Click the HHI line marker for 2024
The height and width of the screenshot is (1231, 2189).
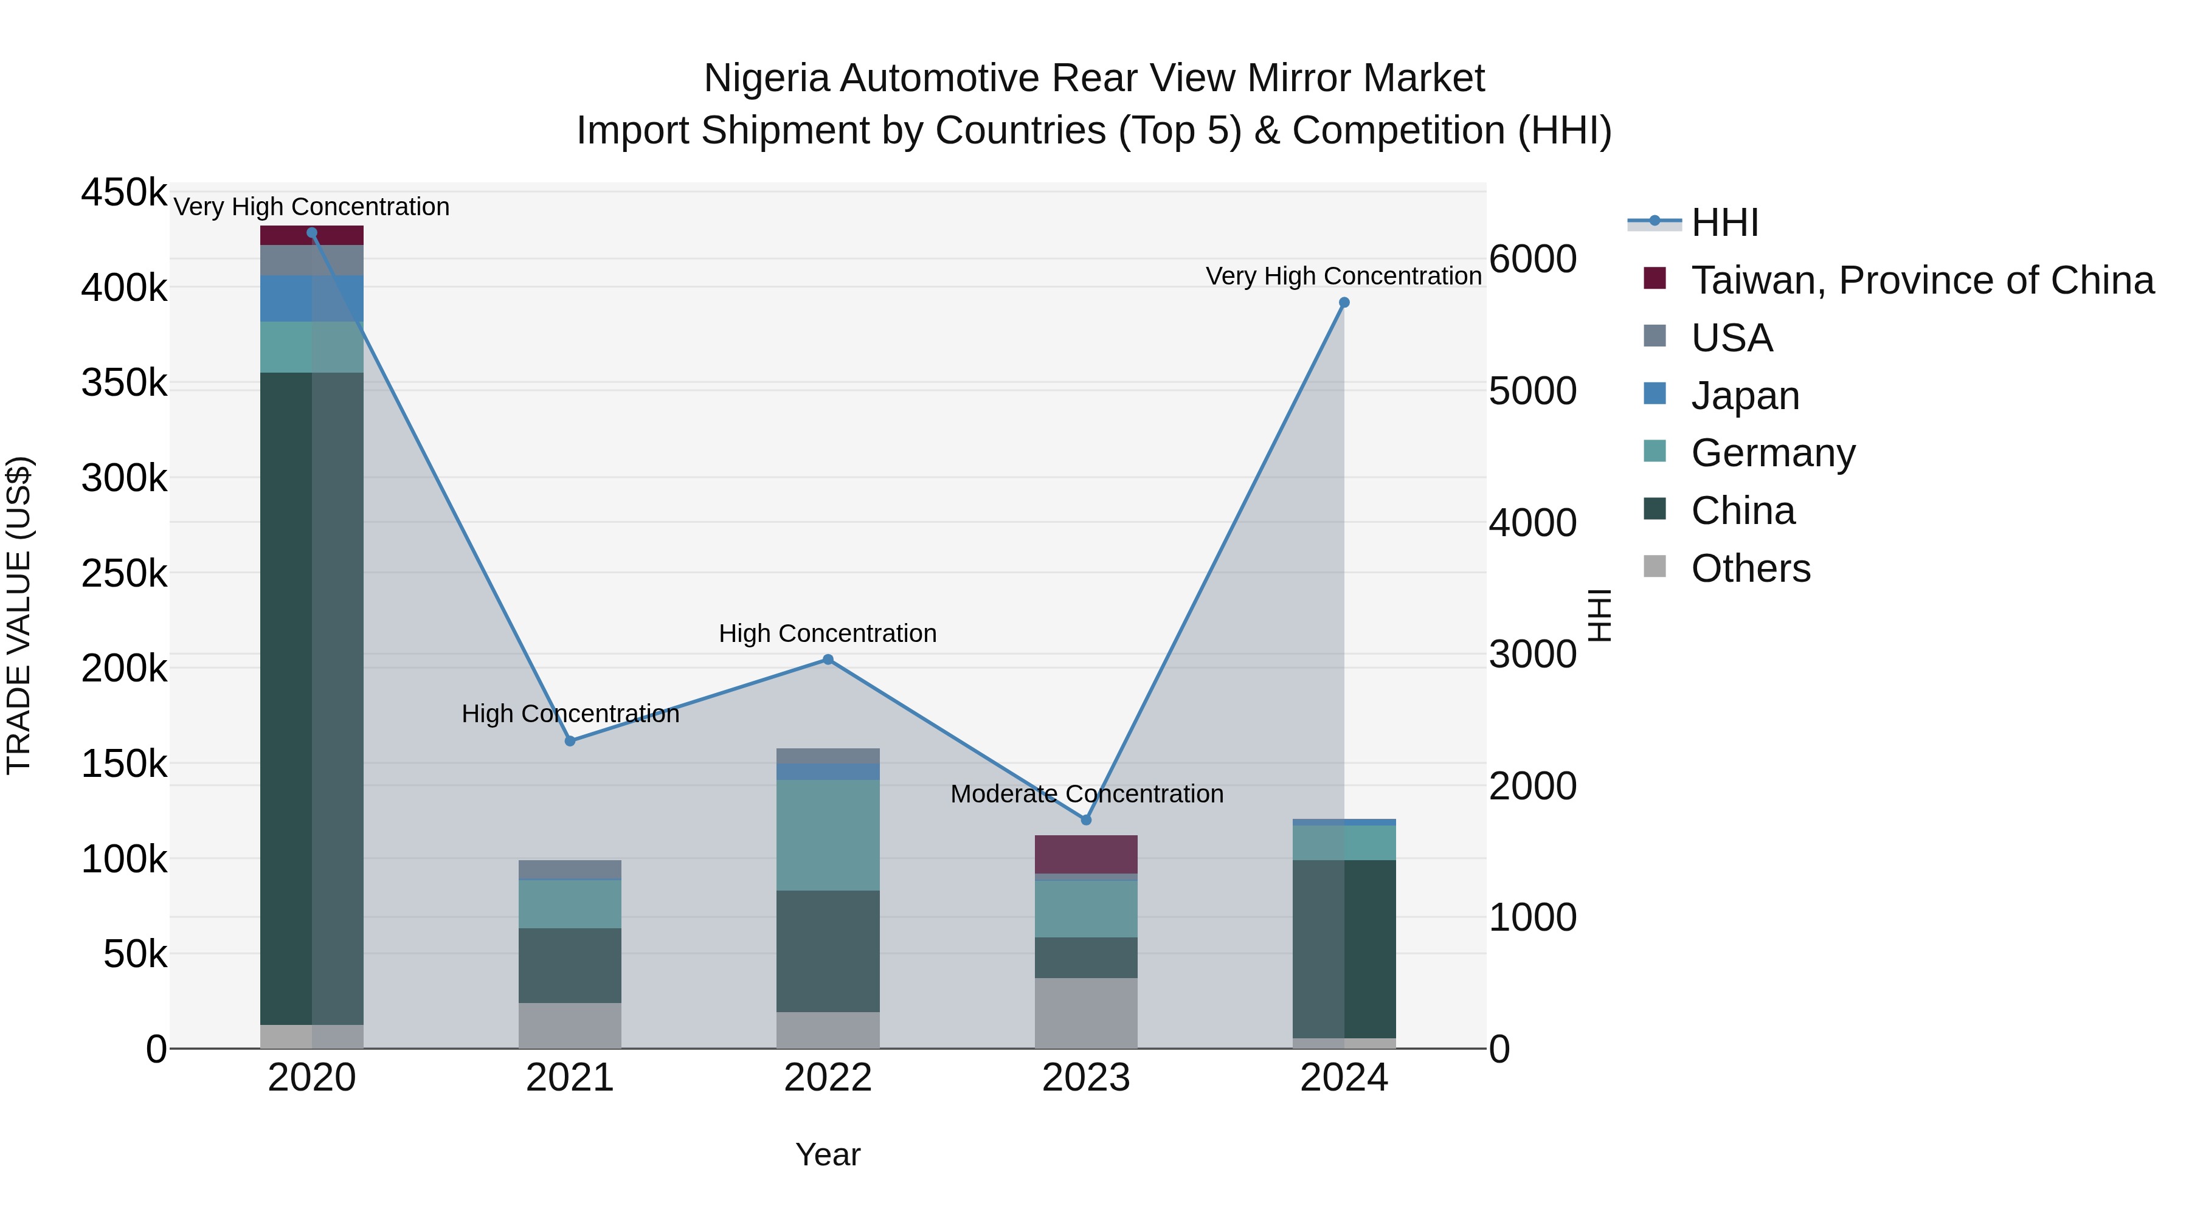[x=1343, y=303]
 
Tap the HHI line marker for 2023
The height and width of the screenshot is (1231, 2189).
[x=1085, y=820]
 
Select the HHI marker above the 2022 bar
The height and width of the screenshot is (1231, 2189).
[x=828, y=659]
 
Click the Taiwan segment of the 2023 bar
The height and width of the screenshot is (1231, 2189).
[x=1085, y=854]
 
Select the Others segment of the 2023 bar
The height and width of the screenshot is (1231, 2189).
[x=1085, y=1013]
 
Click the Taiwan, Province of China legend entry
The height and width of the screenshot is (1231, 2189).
[x=1921, y=280]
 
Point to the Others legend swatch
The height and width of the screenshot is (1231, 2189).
[x=1655, y=567]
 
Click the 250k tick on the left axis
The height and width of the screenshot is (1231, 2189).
[x=124, y=573]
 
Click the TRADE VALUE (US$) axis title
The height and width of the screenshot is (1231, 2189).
[x=19, y=615]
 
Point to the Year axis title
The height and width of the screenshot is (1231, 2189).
[x=828, y=1154]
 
